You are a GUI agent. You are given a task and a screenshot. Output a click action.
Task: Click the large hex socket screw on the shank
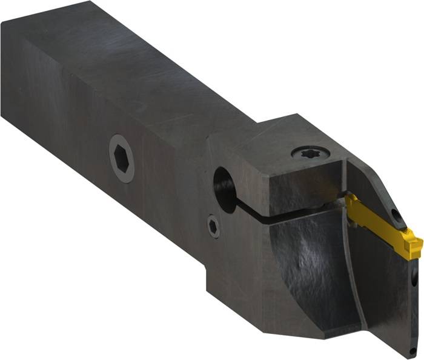point(122,158)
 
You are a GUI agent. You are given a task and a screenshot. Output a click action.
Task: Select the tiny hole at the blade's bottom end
point(412,351)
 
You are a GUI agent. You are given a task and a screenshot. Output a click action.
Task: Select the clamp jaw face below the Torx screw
point(297,185)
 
